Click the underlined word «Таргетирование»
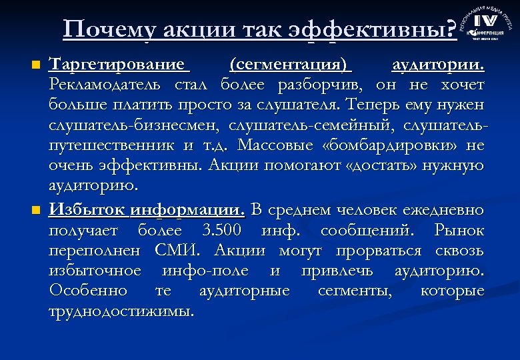[119, 65]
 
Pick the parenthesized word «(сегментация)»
[290, 65]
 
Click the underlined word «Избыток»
[87, 211]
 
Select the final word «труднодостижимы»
[121, 311]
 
